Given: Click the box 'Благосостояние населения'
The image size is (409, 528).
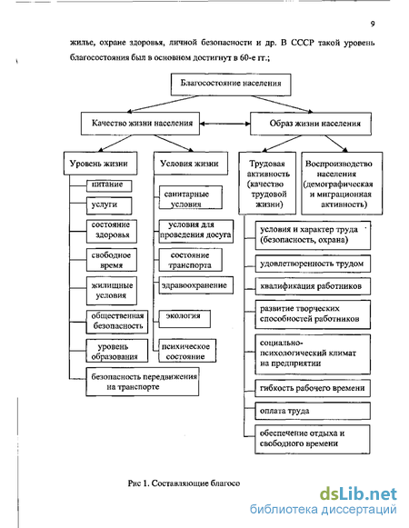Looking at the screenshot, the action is [x=231, y=85].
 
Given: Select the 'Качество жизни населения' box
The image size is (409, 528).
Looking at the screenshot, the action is [x=140, y=124].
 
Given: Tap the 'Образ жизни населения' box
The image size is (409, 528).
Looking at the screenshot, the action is [x=311, y=124].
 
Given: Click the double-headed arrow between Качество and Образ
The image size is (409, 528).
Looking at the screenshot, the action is [x=225, y=124].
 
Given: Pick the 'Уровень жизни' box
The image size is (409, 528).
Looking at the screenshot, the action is [x=100, y=164].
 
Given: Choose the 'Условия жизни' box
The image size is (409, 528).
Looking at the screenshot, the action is [x=191, y=164].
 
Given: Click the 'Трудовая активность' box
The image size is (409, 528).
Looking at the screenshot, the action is [x=267, y=184].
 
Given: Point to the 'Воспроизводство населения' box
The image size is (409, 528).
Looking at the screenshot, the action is [x=342, y=184].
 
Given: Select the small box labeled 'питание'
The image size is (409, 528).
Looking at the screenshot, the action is [x=109, y=185].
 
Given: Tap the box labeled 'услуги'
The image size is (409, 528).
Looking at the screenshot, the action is [x=109, y=205].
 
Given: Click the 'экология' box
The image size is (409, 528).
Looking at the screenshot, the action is [x=185, y=319].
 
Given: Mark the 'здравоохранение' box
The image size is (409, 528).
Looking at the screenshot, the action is [x=196, y=285].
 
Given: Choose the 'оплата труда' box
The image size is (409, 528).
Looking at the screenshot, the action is [x=313, y=411].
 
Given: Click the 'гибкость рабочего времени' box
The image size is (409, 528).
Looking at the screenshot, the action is [x=313, y=388].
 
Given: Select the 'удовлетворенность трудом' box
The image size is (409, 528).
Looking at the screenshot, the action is [x=313, y=264].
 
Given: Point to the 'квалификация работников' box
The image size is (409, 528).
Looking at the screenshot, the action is [x=313, y=286].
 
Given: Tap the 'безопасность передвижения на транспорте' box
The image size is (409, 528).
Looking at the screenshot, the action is [x=142, y=382].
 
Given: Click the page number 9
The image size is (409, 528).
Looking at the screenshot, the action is [x=373, y=24].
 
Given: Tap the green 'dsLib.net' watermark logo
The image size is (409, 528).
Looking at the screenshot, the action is [x=358, y=494].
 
